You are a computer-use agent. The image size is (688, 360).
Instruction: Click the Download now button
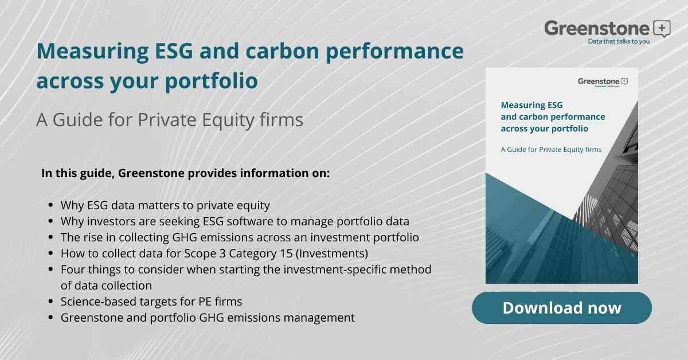point(561,308)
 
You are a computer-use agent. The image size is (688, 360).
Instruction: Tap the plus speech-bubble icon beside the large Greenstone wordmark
point(661,28)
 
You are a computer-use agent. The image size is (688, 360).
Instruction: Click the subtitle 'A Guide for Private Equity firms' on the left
point(169,120)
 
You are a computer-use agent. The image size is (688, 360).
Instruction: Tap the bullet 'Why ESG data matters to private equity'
point(165,205)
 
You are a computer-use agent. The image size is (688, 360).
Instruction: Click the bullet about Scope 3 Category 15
point(214,253)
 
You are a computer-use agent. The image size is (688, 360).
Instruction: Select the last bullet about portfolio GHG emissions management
point(208,317)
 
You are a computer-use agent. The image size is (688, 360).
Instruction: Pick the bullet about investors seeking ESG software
point(235,221)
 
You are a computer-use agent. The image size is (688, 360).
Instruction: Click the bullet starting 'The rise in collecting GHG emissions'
point(240,237)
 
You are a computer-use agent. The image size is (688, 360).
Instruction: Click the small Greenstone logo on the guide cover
point(603,81)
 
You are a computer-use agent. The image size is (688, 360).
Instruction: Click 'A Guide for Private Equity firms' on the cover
point(551,150)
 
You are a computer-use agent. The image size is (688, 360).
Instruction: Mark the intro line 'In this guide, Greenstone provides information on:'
point(186,173)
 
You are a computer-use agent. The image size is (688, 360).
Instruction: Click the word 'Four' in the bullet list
point(73,269)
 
